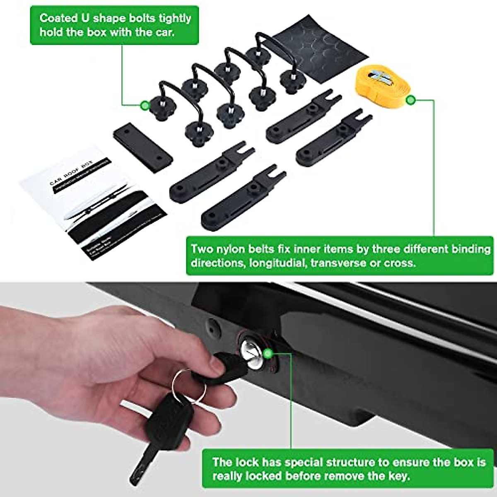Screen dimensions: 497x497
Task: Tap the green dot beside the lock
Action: (268, 353)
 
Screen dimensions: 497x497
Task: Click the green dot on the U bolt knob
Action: (145, 105)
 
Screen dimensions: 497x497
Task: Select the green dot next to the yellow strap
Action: (410, 100)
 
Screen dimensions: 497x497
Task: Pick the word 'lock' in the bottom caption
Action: (247, 462)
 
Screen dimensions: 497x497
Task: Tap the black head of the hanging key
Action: (164, 418)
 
